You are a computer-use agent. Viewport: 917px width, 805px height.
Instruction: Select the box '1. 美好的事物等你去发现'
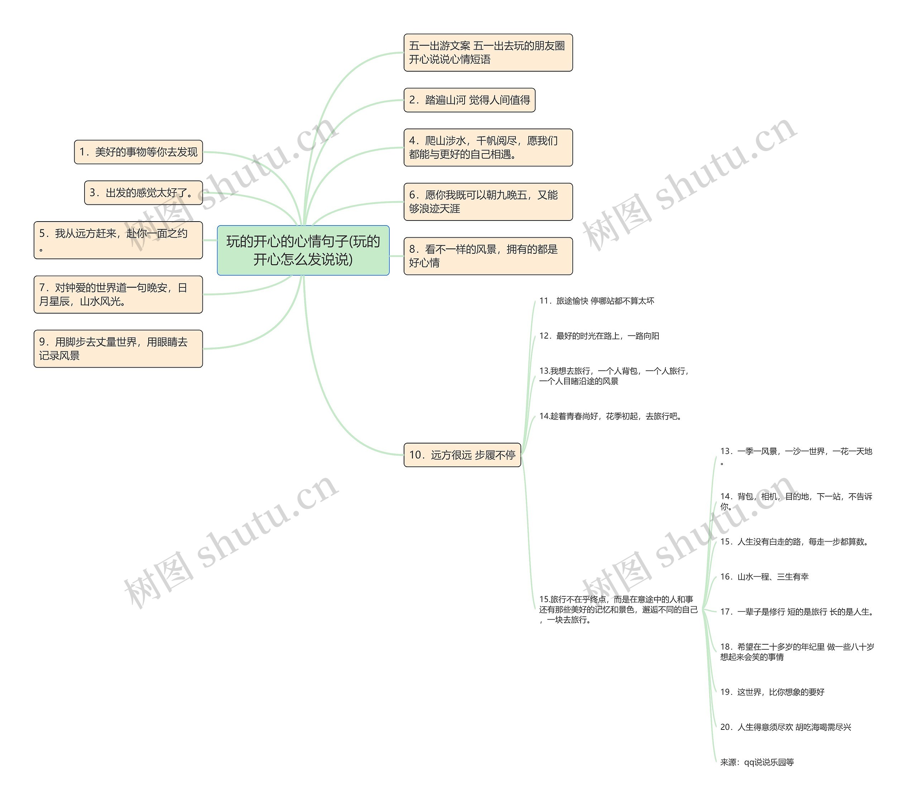pyautogui.click(x=138, y=152)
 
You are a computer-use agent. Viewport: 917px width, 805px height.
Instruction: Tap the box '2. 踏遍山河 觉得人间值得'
pyautogui.click(x=469, y=100)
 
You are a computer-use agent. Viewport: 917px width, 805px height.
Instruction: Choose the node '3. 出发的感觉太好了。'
pyautogui.click(x=144, y=193)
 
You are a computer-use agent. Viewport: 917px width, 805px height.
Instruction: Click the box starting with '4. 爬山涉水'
pyautogui.click(x=488, y=147)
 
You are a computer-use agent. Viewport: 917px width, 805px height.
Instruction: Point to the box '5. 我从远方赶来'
pyautogui.click(x=118, y=240)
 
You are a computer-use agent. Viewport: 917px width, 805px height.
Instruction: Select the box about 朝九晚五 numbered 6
pyautogui.click(x=488, y=202)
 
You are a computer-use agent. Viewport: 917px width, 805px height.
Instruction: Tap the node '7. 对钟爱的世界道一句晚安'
pyautogui.click(x=118, y=295)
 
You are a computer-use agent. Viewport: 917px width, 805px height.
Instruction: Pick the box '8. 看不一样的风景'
pyautogui.click(x=488, y=256)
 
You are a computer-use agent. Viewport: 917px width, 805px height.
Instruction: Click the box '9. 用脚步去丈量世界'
pyautogui.click(x=118, y=349)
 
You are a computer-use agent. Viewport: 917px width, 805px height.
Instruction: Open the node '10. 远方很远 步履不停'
pyautogui.click(x=462, y=455)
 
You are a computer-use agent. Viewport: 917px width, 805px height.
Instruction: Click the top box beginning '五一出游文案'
pyautogui.click(x=488, y=53)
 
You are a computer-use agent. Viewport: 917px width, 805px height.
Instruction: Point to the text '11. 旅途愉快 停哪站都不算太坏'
pyautogui.click(x=597, y=301)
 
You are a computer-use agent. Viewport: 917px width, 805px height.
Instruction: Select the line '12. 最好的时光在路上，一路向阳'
pyautogui.click(x=599, y=336)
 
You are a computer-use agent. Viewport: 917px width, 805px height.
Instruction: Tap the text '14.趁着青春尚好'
pyautogui.click(x=611, y=416)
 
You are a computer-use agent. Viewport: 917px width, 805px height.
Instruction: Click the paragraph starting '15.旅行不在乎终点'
pyautogui.click(x=618, y=610)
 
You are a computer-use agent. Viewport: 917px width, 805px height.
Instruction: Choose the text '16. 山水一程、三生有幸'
pyautogui.click(x=764, y=576)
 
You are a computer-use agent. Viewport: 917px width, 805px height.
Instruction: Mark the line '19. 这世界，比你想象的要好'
pyautogui.click(x=772, y=692)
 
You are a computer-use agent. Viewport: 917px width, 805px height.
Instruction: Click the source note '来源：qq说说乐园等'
pyautogui.click(x=757, y=762)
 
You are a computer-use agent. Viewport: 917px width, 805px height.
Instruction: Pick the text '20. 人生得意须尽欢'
pyautogui.click(x=786, y=727)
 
